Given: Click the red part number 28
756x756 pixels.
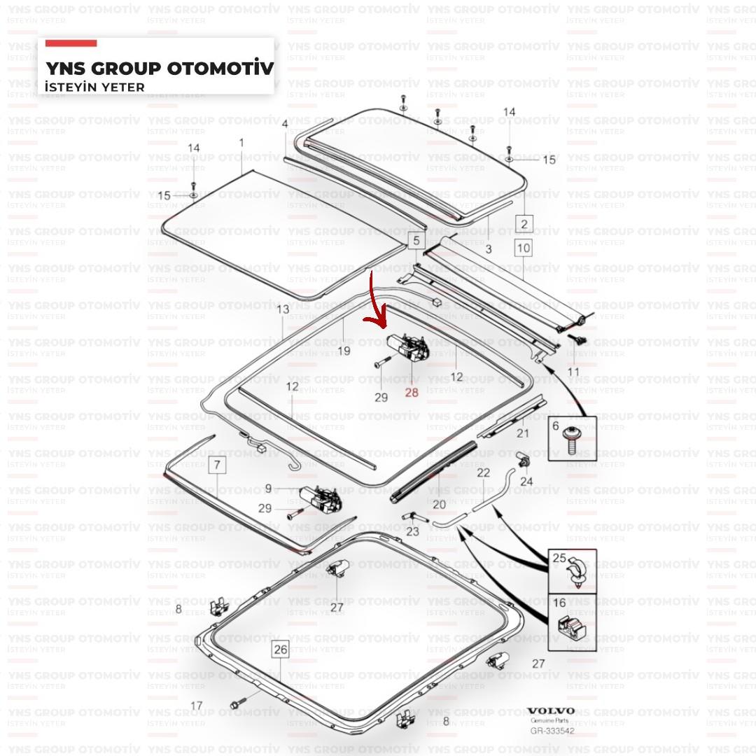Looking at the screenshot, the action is point(412,393).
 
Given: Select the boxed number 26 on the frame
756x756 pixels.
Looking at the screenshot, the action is point(281,650).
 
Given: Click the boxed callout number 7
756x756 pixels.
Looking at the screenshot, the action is point(217,465).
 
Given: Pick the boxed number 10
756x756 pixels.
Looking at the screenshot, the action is point(523,248).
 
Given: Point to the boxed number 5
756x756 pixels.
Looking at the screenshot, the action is point(416,240).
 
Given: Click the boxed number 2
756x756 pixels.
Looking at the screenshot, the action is point(524,224).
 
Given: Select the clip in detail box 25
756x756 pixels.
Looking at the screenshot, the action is point(577,573).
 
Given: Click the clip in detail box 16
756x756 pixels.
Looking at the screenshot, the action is point(571,626).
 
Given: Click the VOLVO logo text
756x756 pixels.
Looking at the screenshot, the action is point(551,711).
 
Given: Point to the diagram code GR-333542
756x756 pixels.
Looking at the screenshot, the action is point(552,731).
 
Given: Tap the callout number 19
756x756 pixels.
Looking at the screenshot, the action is point(344,351).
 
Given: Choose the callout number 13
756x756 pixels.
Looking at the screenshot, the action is point(283,309).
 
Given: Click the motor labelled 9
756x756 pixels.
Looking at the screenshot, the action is point(320,498).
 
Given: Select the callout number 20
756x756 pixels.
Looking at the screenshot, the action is point(439,504).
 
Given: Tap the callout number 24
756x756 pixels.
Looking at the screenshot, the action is point(526,481).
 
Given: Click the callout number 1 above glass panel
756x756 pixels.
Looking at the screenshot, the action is point(241,143).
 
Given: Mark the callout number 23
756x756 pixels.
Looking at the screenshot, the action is point(413,531).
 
